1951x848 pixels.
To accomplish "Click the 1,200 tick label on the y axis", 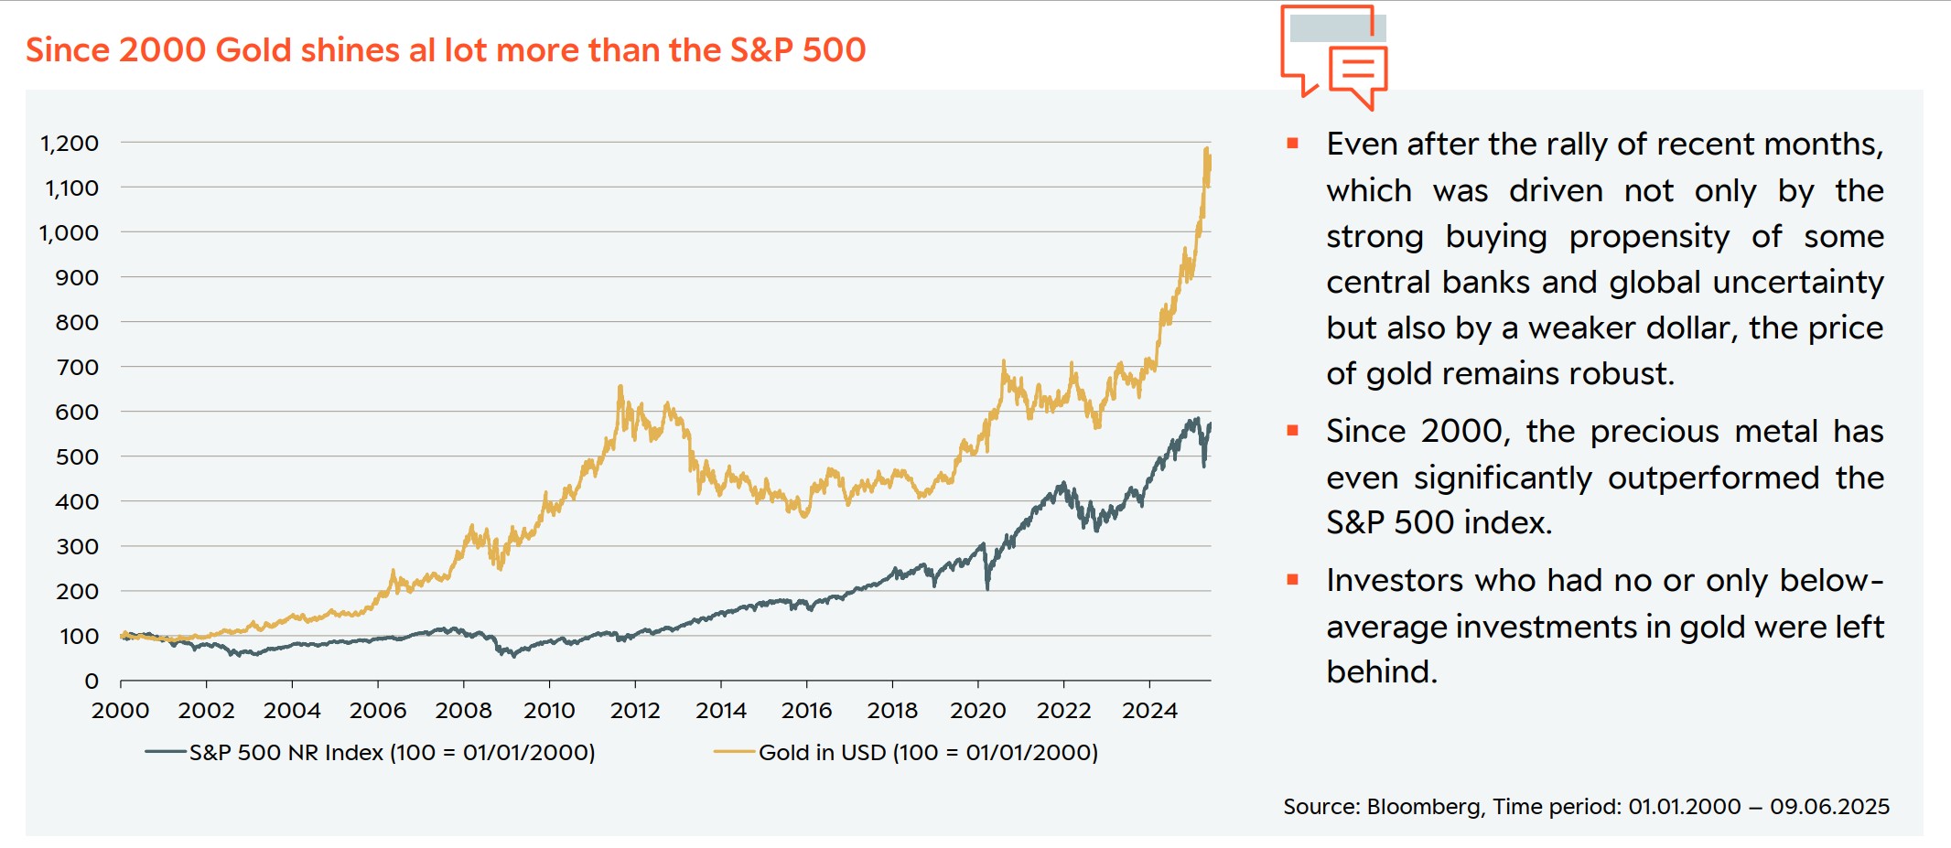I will tap(70, 143).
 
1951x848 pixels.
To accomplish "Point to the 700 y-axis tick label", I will tap(77, 367).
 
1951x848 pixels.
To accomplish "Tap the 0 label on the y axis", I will tap(92, 681).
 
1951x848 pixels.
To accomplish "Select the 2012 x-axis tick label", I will tap(635, 711).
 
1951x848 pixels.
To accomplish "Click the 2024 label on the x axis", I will tap(1149, 711).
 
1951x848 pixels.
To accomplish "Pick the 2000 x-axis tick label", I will tap(121, 711).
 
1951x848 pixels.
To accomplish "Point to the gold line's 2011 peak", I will tap(620, 388).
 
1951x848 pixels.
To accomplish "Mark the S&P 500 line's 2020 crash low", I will tap(987, 587).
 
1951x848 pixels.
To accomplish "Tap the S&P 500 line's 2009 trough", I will tap(513, 656).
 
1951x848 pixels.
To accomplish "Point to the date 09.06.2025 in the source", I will tap(1829, 807).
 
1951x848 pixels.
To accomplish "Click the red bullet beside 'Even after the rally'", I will tap(1293, 144).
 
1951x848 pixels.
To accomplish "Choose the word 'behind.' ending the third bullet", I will tap(1382, 672).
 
